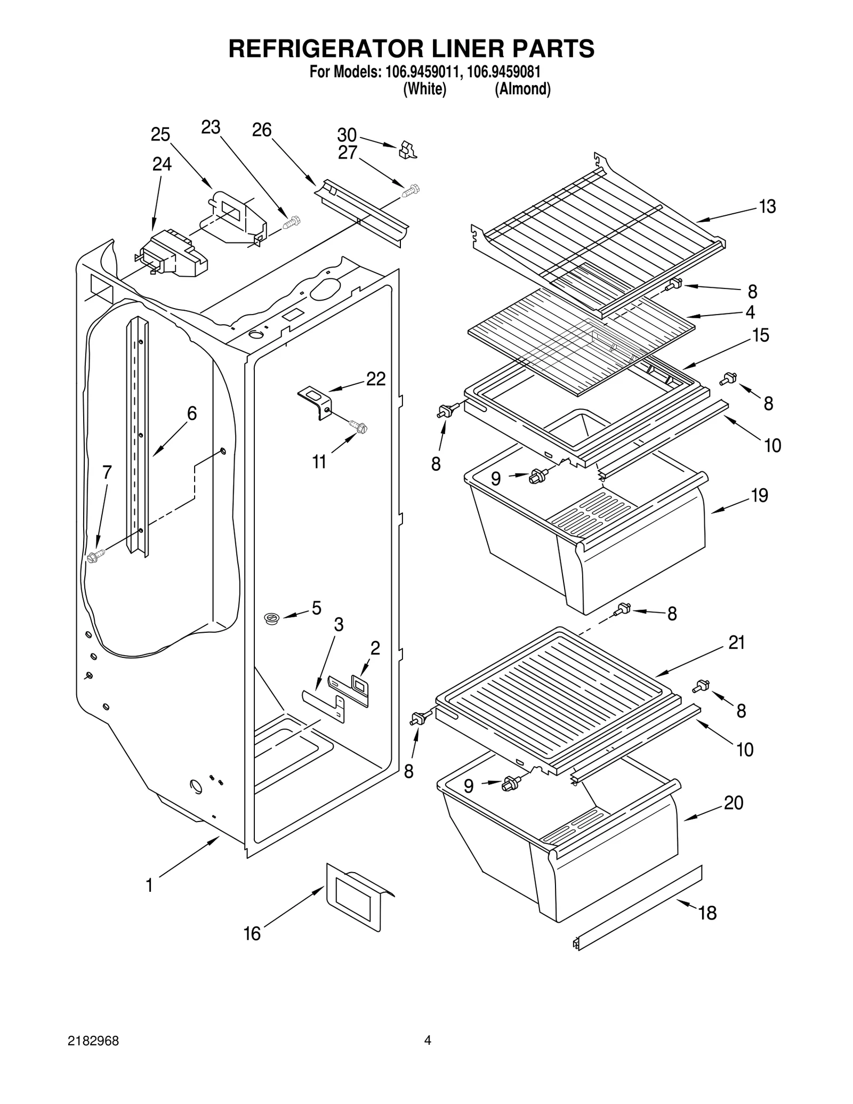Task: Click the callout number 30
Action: point(347,134)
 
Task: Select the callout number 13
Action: point(767,206)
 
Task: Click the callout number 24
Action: point(162,164)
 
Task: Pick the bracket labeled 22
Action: point(316,400)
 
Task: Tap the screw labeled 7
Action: point(95,557)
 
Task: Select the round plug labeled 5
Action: point(272,619)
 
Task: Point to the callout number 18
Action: point(707,913)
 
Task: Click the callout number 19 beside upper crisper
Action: point(760,495)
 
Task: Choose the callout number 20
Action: point(734,803)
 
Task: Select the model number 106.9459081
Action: point(504,72)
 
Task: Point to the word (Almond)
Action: point(522,89)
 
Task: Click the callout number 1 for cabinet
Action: point(150,885)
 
